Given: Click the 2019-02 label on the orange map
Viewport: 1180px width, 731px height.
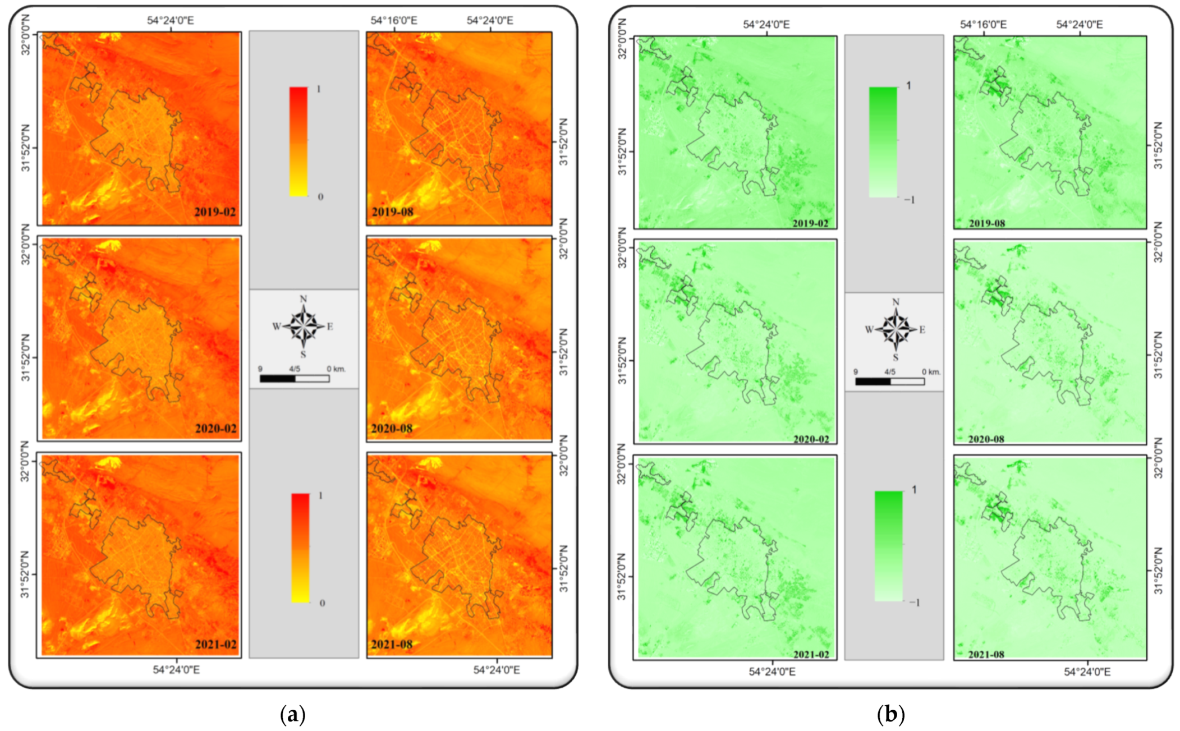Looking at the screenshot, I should point(215,212).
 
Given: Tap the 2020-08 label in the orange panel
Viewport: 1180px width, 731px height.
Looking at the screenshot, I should point(392,429).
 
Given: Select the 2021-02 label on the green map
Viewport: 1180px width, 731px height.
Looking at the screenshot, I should point(811,654).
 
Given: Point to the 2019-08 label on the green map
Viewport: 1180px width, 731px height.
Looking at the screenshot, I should point(987,223).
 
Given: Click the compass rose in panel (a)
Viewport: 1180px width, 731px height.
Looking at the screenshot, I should point(304,327).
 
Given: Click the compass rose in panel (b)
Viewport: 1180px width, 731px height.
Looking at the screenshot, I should point(896,330).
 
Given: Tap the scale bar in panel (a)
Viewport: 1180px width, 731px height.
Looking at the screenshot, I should point(295,379).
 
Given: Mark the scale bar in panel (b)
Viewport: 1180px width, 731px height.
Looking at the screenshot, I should point(890,381).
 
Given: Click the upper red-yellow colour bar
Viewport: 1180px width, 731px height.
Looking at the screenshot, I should point(299,141).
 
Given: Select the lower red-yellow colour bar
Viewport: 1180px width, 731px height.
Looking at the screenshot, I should point(300,548).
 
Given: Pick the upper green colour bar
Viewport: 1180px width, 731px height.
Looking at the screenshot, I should point(883,142).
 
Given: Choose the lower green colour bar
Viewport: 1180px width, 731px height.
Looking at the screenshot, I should point(889,546).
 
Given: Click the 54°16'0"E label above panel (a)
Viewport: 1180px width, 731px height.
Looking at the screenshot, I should point(394,21).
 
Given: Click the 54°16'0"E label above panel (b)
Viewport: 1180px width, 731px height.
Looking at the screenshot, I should point(983,25).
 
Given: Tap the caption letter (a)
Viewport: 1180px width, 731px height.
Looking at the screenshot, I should point(292,715).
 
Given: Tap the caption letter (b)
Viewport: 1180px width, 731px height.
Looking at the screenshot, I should point(890,715).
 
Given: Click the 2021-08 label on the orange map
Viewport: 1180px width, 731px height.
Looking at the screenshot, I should point(392,645).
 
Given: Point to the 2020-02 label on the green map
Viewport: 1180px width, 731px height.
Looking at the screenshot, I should point(811,439).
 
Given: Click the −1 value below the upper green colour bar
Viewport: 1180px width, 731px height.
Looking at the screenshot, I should point(909,200).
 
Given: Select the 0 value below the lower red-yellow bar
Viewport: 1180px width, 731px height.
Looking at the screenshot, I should point(322,603).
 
